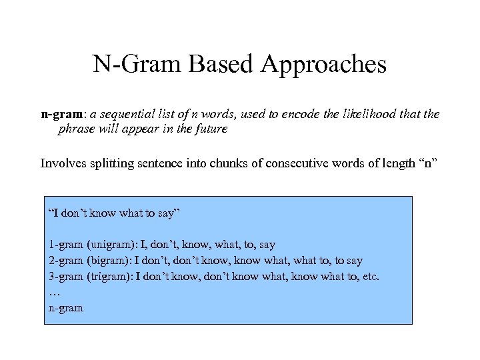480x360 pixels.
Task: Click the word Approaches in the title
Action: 324,65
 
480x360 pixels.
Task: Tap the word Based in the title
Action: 223,65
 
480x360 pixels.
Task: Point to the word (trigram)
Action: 109,276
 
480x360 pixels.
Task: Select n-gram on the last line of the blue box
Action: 66,308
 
